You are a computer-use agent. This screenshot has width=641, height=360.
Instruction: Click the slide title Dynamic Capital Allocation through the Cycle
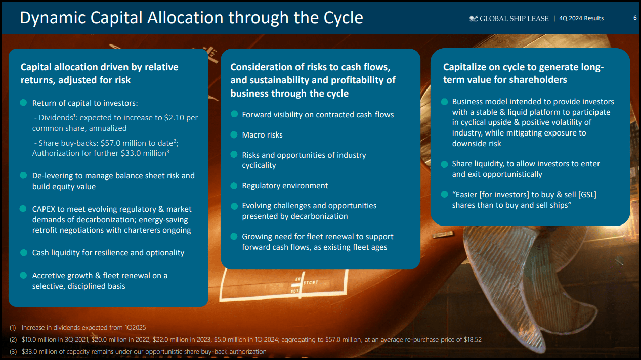click(191, 18)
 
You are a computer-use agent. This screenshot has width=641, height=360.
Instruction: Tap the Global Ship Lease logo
click(509, 18)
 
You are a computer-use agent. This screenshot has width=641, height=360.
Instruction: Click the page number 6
click(635, 18)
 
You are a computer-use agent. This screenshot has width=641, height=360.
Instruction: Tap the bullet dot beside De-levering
click(23, 175)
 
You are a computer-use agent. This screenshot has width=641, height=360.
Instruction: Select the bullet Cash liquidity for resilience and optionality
click(108, 252)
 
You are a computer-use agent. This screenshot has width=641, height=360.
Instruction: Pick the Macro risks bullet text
click(262, 135)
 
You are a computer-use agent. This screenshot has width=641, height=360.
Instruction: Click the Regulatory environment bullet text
click(285, 186)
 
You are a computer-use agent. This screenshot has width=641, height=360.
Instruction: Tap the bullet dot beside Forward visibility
click(234, 114)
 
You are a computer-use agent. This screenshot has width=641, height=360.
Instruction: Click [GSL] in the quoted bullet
click(586, 195)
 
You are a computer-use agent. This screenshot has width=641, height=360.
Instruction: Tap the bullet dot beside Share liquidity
click(444, 164)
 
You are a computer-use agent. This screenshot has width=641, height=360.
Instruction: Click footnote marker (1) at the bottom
click(13, 328)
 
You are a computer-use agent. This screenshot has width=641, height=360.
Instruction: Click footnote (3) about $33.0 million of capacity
click(138, 351)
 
